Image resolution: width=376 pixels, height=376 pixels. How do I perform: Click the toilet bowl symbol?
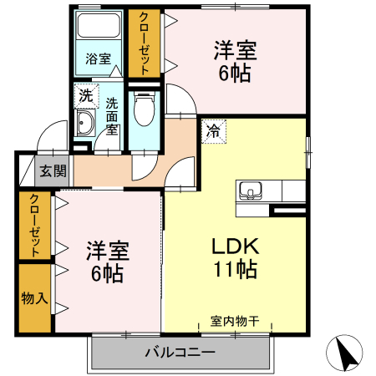tap(144, 109)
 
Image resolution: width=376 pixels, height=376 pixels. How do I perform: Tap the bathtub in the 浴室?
tap(99, 25)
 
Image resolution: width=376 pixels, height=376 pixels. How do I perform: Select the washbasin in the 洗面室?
tap(84, 123)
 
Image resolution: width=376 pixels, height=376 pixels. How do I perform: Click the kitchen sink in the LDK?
tap(251, 191)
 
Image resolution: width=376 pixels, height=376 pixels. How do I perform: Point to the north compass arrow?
tap(345, 353)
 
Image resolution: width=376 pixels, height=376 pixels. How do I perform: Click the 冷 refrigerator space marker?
tap(214, 131)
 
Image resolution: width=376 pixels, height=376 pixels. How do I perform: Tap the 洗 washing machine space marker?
tap(86, 96)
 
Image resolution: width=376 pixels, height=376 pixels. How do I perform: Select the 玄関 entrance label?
tap(53, 170)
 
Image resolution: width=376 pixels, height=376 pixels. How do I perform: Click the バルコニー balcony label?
tap(180, 353)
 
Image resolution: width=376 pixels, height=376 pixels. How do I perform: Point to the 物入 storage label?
tap(34, 298)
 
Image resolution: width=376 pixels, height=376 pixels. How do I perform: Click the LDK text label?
tap(236, 246)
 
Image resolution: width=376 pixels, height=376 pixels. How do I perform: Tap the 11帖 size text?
tap(236, 269)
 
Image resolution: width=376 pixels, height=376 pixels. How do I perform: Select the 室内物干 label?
tap(235, 321)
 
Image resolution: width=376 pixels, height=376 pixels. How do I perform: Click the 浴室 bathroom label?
tap(99, 58)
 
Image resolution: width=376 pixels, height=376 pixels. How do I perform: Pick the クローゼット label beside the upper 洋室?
tap(144, 43)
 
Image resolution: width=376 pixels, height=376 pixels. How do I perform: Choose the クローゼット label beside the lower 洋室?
tap(34, 226)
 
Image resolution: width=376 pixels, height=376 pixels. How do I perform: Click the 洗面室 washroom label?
tap(112, 116)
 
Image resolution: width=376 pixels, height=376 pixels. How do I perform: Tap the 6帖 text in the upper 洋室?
tap(235, 74)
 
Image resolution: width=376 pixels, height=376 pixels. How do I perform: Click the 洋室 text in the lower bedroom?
tap(108, 251)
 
